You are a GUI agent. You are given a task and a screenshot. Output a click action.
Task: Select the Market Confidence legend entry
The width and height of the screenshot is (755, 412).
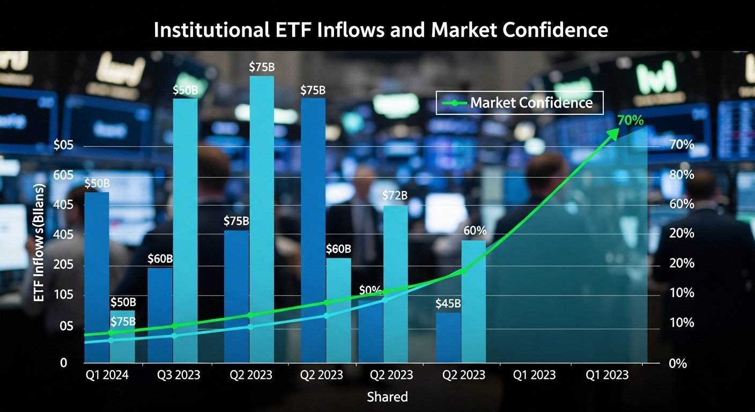tap(520, 103)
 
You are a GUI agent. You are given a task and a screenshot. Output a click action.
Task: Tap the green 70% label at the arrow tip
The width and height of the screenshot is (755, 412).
tap(630, 121)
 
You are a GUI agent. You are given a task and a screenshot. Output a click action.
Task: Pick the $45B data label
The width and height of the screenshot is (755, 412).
tap(448, 304)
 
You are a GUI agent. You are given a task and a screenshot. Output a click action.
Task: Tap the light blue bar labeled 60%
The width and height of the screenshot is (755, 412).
tap(473, 301)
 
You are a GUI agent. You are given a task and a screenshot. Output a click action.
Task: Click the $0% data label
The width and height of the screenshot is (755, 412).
tap(370, 291)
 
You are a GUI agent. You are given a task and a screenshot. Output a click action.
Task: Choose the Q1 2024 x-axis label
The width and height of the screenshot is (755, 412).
tap(107, 375)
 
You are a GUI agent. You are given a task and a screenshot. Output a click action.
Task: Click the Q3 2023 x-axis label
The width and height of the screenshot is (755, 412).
tap(178, 375)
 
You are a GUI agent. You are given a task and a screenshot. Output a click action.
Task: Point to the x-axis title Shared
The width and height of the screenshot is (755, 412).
tap(387, 397)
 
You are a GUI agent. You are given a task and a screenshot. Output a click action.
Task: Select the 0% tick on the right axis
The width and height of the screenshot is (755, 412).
tap(678, 363)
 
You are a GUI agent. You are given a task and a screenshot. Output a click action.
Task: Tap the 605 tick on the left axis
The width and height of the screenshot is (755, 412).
tap(63, 175)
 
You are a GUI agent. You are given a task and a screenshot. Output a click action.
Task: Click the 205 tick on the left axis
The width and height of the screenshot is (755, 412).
tap(63, 266)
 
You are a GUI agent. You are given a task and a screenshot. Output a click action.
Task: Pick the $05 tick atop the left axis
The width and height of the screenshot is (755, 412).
tap(63, 145)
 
